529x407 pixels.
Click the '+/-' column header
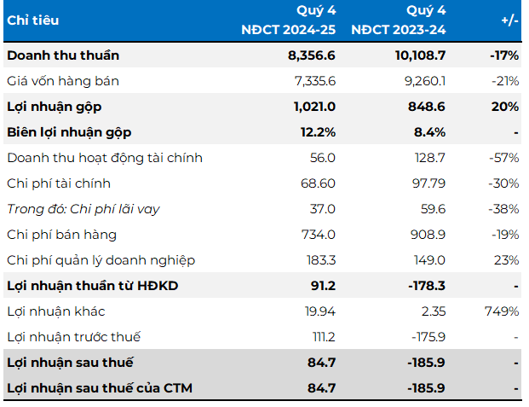pos(509,20)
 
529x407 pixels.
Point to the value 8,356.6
pos(312,55)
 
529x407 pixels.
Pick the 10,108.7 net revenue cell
pos(417,55)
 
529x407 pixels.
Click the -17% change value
pos(504,55)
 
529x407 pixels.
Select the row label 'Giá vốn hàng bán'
pos(63,81)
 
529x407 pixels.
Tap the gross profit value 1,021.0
pos(312,107)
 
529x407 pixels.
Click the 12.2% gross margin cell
pos(318,132)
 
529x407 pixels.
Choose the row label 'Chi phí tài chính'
pos(59,183)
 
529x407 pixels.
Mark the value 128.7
pos(428,158)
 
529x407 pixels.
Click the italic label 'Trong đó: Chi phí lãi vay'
pos(83,209)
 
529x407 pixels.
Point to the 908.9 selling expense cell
pos(427,235)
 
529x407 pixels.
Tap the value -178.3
pos(425,286)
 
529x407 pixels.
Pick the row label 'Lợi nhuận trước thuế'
pos(74,337)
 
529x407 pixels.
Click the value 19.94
pos(319,311)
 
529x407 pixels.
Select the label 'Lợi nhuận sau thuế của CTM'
pos(100,388)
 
